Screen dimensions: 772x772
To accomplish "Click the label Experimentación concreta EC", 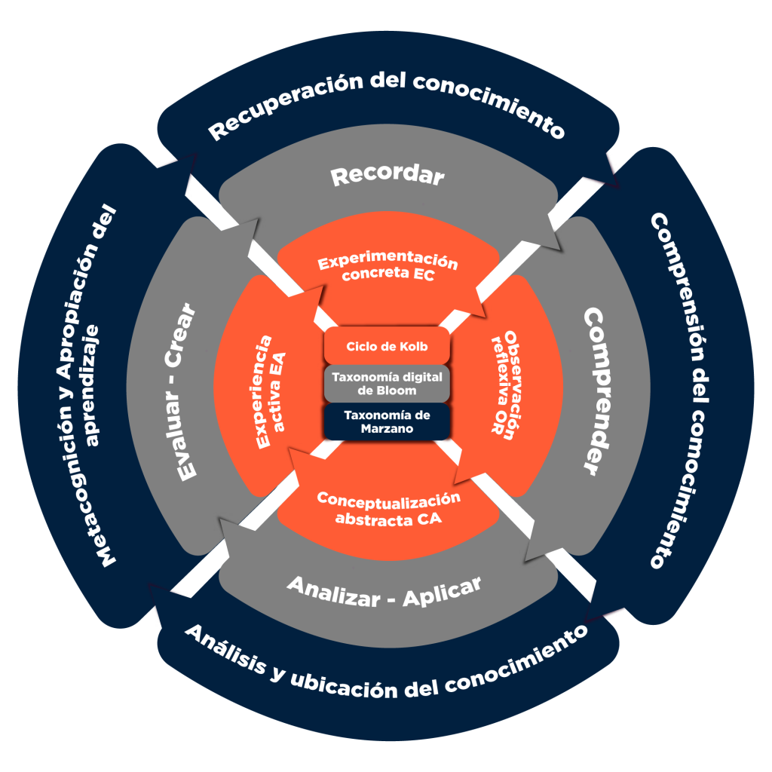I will coord(388,268).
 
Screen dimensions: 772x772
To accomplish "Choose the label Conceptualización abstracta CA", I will coord(388,509).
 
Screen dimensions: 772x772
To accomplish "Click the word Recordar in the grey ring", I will coord(388,176).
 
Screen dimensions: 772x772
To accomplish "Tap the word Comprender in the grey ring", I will coord(601,391).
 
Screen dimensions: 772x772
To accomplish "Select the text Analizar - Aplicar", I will coord(384,590).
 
